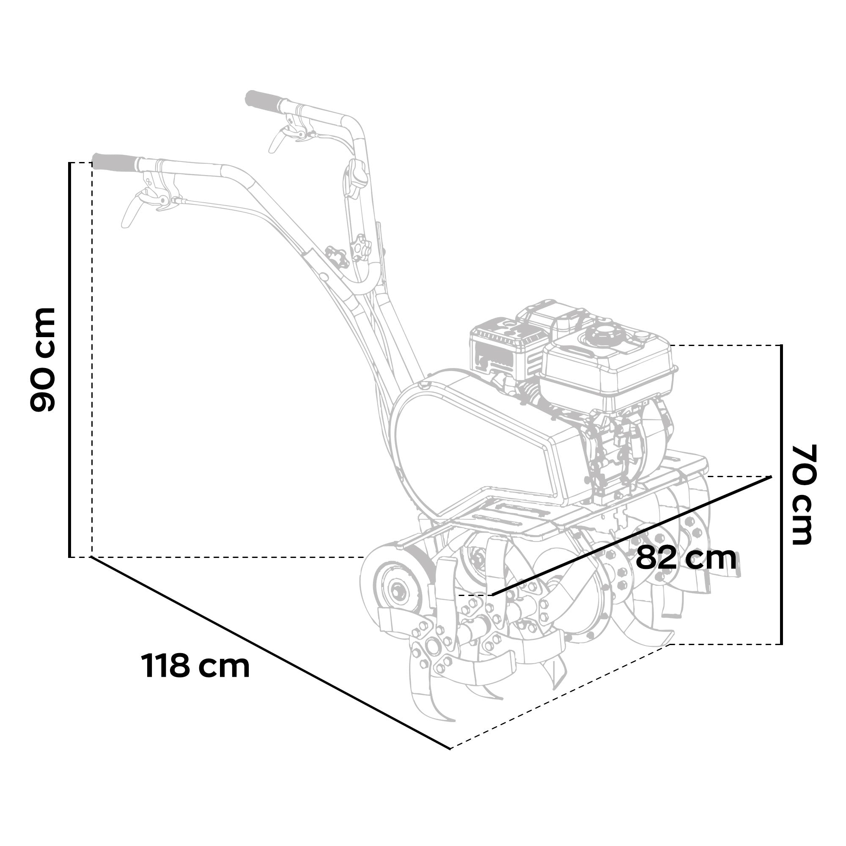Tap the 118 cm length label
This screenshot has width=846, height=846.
point(195,667)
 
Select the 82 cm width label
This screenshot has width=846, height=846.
point(686,558)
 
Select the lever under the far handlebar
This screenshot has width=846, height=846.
point(278,139)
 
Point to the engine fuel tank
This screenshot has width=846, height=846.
point(609,372)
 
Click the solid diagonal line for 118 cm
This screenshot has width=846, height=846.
point(269,652)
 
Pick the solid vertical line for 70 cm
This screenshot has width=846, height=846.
point(781,494)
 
